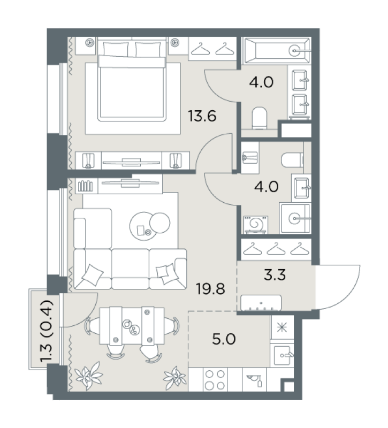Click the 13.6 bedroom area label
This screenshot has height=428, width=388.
[202, 116]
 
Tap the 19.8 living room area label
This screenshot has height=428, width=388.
[211, 288]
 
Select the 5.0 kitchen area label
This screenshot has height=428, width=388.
[224, 339]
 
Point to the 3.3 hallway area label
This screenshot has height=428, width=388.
[275, 274]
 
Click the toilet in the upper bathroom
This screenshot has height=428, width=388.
[259, 118]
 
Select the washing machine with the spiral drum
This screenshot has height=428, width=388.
[256, 225]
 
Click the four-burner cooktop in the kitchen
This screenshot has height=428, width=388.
[215, 380]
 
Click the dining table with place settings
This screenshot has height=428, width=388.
[132, 325]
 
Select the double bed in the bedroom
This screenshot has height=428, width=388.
[132, 81]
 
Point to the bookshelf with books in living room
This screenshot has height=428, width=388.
[86, 186]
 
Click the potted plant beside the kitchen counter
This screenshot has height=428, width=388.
[175, 377]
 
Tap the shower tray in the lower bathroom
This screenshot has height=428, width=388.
[295, 218]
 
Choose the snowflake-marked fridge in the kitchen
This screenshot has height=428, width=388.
[282, 327]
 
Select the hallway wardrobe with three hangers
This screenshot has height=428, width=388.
[276, 249]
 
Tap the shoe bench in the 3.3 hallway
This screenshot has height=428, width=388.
[261, 303]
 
